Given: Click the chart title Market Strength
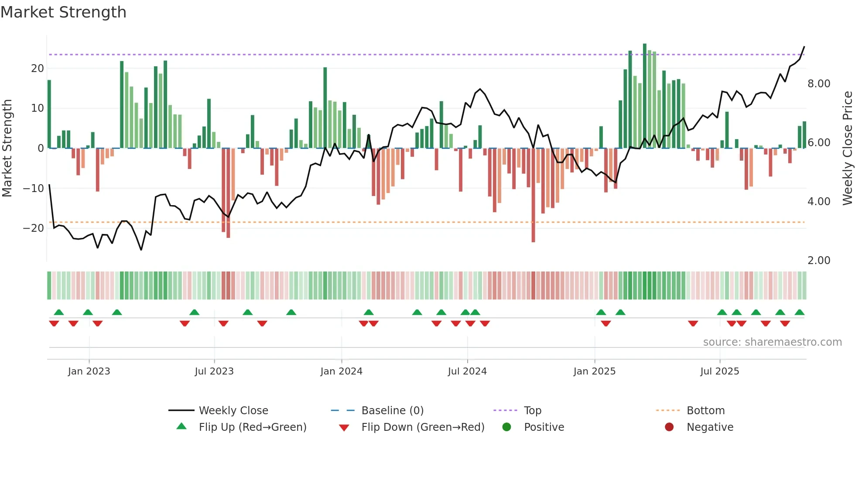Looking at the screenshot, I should (63, 12).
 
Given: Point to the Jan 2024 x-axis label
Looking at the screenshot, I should (341, 371).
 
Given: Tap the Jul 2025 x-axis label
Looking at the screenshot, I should (720, 371).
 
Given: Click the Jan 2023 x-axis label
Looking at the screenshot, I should (89, 371).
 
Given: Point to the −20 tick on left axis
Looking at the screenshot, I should (34, 228).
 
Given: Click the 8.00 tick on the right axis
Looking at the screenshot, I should (819, 84).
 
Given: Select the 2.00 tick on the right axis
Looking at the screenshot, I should (819, 261).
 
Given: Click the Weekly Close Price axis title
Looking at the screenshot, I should (847, 148).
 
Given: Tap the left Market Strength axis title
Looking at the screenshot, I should (7, 148).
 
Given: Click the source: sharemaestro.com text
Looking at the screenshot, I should (772, 342).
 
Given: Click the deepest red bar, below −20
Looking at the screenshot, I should (533, 196).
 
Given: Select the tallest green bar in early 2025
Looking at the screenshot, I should (645, 96).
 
